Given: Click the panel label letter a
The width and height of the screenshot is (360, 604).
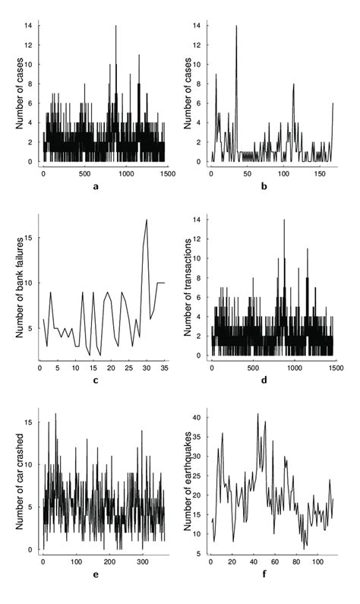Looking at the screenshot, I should coord(104,187).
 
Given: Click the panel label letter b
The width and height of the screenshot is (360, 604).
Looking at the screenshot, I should coord(272,187).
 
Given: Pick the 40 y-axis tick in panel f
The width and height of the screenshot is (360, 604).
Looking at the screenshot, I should coord(196,417).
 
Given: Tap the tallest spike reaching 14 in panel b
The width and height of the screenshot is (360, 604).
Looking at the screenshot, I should coord(237,27).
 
